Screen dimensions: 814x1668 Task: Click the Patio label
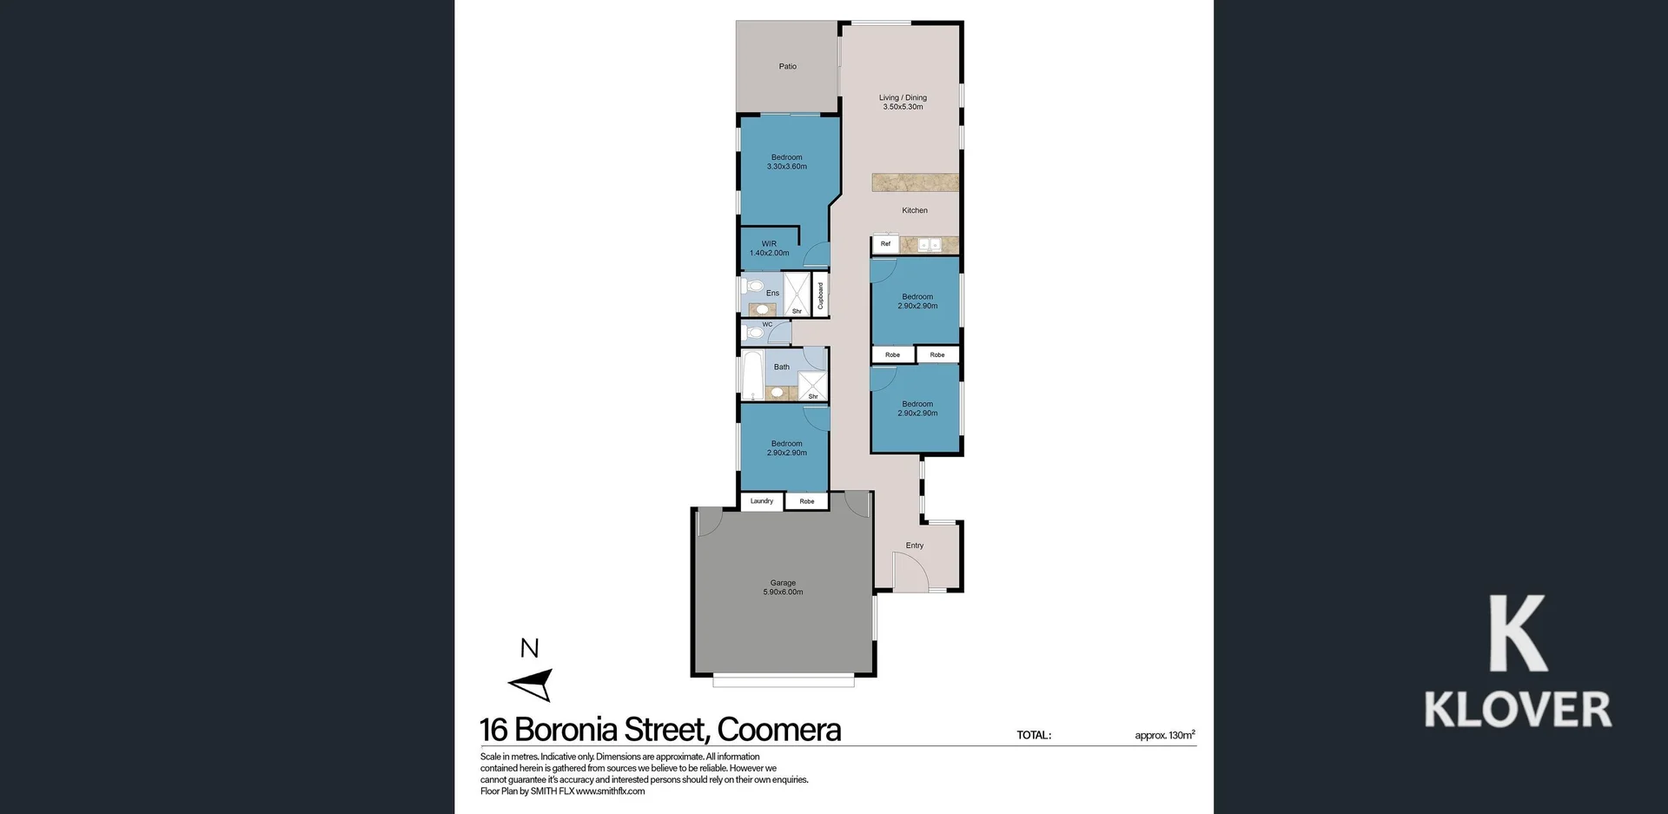tap(787, 66)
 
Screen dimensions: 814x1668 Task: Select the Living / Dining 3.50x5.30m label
tap(903, 103)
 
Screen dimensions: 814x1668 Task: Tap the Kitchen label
tap(914, 210)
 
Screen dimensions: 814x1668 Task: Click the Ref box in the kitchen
tap(885, 244)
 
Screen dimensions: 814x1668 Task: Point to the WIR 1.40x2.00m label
tap(769, 248)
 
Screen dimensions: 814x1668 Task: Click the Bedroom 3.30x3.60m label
tap(786, 162)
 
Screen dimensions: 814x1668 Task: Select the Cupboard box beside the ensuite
tap(820, 295)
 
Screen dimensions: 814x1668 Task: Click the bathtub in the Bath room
tap(752, 374)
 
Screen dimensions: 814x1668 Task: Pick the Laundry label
tap(761, 501)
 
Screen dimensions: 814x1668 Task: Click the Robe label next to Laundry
tap(807, 501)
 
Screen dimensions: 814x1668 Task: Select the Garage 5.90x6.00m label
tap(783, 587)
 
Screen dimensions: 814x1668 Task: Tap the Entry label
tap(914, 546)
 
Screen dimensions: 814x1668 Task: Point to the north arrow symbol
tap(532, 685)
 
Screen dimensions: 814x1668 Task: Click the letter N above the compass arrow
tap(529, 648)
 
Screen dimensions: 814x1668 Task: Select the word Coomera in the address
tap(778, 730)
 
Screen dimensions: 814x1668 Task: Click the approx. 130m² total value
tap(1164, 735)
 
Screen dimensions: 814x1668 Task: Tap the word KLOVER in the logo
tap(1517, 710)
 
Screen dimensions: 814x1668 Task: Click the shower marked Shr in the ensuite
tap(797, 294)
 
